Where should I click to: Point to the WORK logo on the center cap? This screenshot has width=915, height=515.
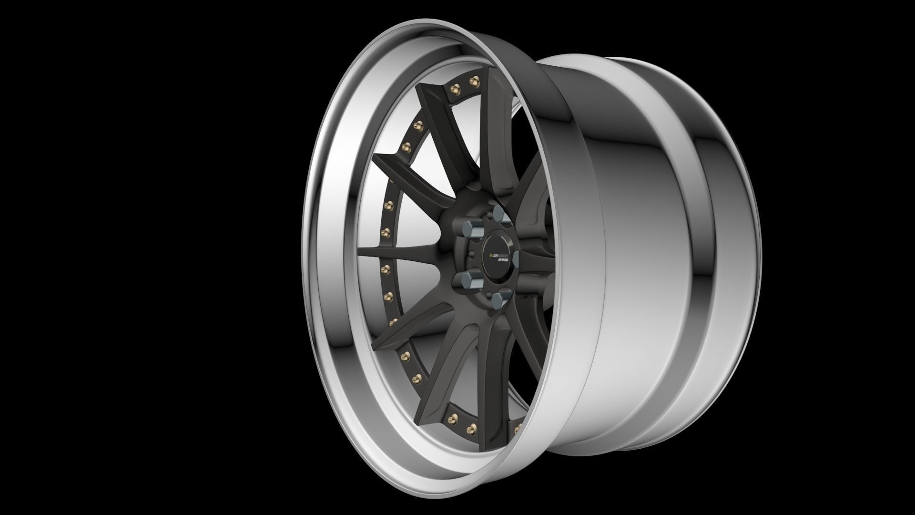point(504,260)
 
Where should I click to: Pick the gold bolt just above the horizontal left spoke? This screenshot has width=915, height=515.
point(386,233)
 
